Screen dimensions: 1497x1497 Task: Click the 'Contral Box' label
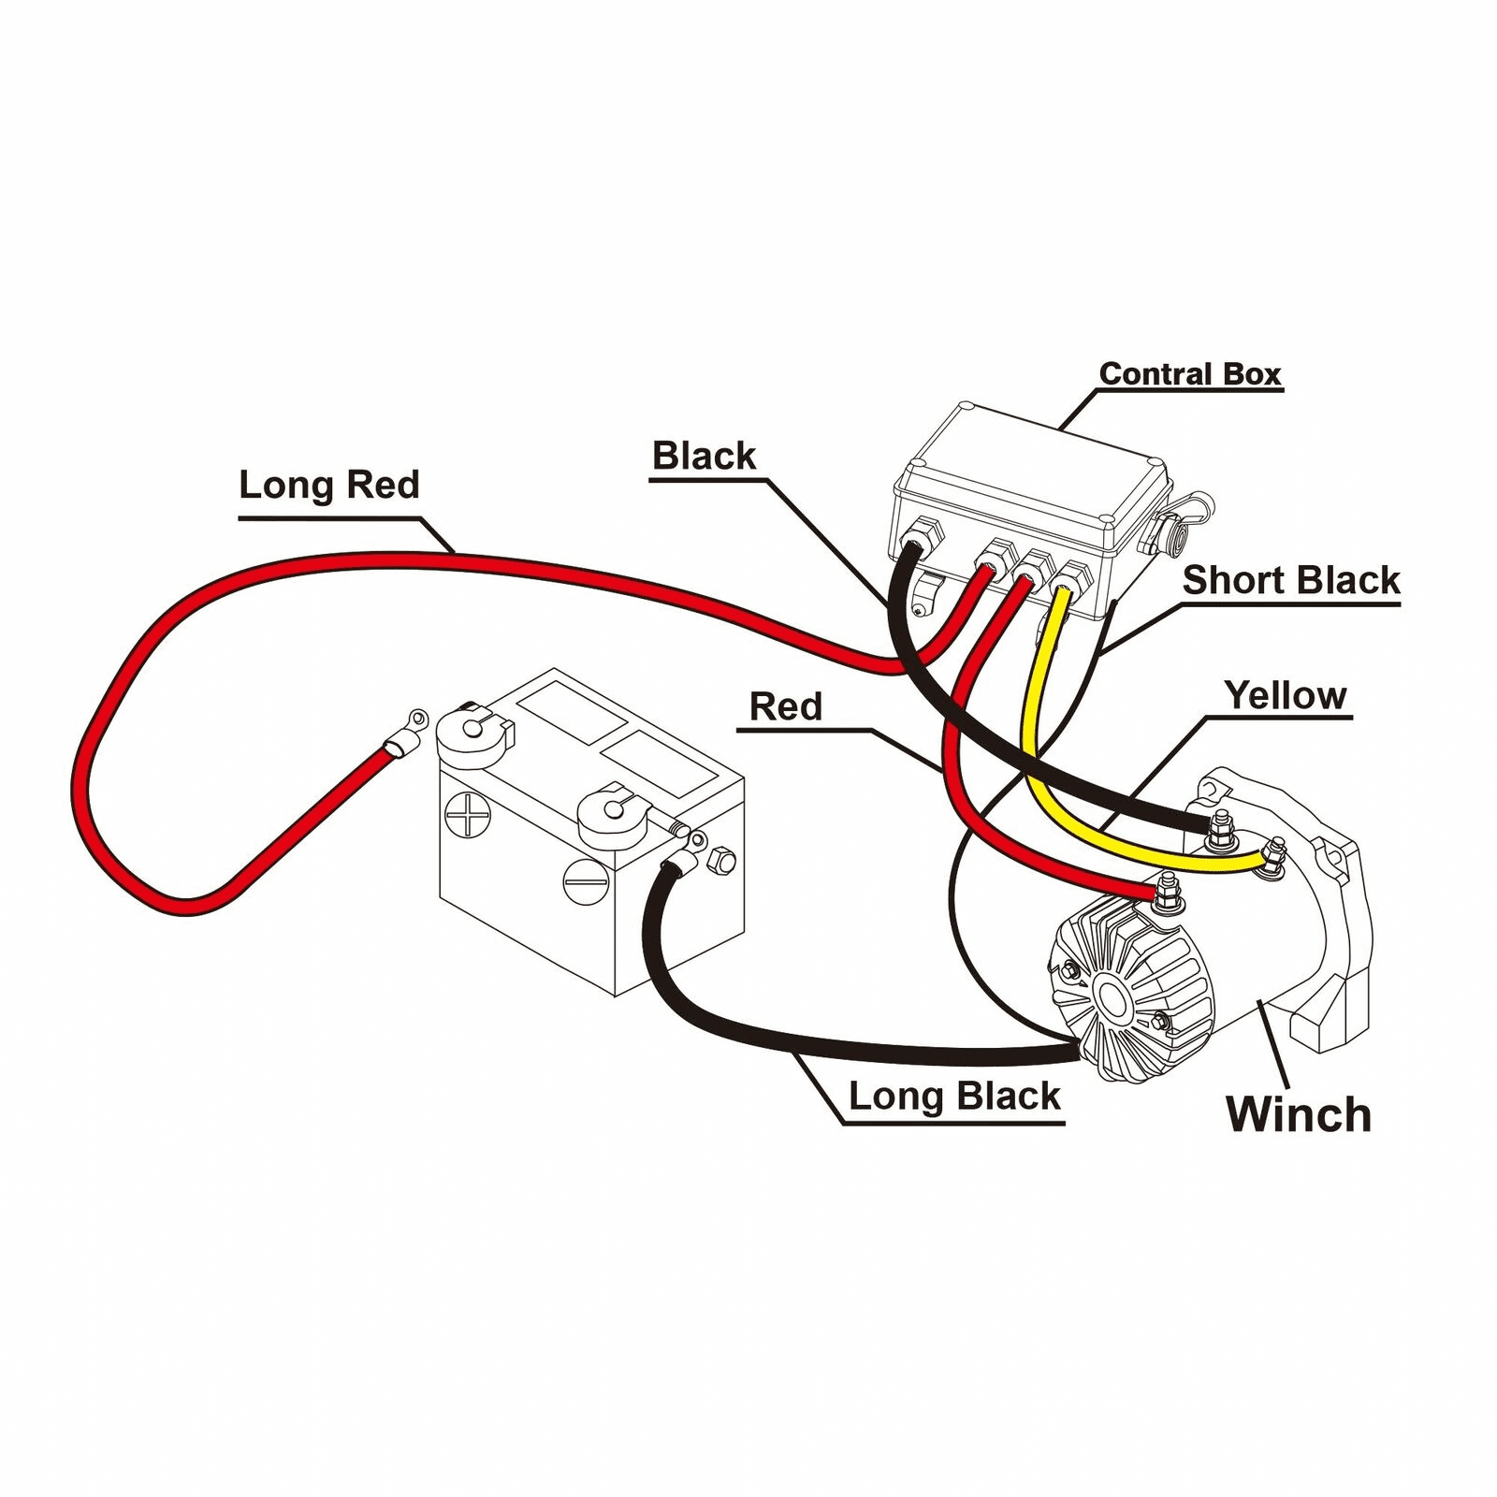[1189, 374]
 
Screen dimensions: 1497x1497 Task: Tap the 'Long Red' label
[328, 485]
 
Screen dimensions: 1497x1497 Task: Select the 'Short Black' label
[1291, 580]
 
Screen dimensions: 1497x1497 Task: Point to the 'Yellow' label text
[1286, 695]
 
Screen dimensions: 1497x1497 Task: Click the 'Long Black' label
[954, 1096]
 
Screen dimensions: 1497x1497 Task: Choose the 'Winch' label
[1298, 1114]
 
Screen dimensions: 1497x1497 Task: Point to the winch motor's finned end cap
[1132, 992]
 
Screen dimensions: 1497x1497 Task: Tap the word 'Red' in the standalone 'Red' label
[786, 707]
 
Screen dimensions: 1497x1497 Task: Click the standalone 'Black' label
[704, 457]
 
